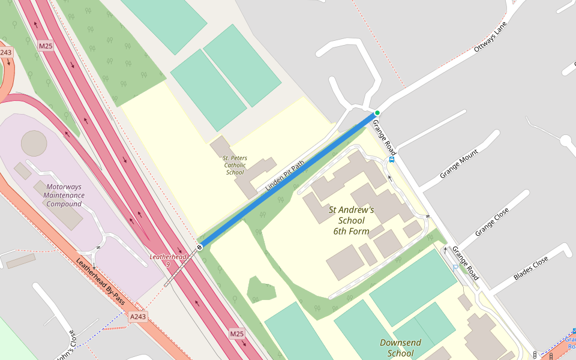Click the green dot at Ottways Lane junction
[377, 113]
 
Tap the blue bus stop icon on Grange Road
[392, 160]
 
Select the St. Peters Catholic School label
[235, 165]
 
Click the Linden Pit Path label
[285, 175]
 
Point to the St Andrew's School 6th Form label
[351, 220]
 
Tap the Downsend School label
[400, 347]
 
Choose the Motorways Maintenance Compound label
[64, 195]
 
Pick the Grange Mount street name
[459, 164]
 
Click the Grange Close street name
[492, 221]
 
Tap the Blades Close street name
[531, 268]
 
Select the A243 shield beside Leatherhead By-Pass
[137, 316]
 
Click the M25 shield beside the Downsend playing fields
[237, 333]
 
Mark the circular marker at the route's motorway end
[199, 247]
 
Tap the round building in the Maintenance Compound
[34, 143]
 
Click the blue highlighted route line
[288, 180]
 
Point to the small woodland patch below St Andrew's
[261, 289]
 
